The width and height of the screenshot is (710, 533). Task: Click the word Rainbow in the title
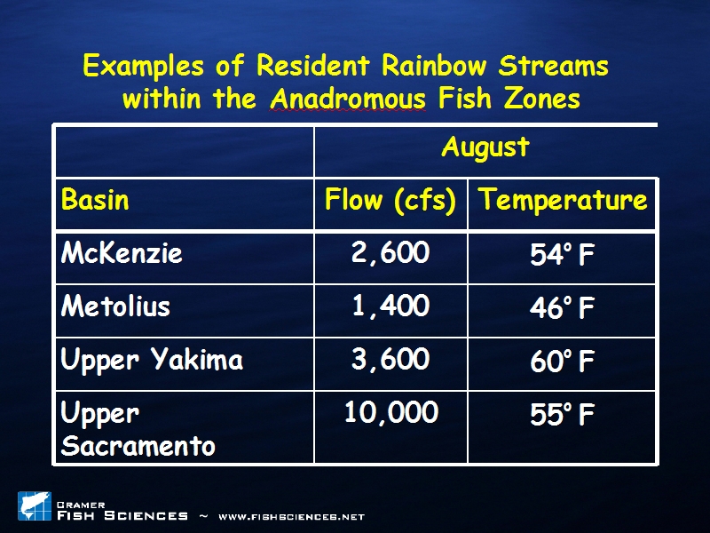(x=434, y=66)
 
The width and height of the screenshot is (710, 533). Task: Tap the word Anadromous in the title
(x=348, y=99)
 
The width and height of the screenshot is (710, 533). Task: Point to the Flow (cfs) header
(x=390, y=201)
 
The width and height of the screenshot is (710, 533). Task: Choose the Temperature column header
(x=563, y=201)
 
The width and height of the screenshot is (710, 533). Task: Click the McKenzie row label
(x=122, y=252)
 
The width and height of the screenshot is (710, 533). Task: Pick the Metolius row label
(x=115, y=306)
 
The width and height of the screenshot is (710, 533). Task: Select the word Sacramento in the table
(x=138, y=446)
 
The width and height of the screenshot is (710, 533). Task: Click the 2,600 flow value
(x=390, y=252)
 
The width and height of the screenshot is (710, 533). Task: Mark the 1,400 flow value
(x=390, y=306)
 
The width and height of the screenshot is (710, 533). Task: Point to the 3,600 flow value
(x=390, y=359)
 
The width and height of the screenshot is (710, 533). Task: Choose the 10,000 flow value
(x=391, y=412)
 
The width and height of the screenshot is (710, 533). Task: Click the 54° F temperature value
(x=562, y=255)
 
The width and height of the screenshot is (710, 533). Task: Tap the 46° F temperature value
(x=562, y=308)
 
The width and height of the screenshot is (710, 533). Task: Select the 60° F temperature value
(x=562, y=362)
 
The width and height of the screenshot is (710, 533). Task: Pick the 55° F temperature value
(x=562, y=414)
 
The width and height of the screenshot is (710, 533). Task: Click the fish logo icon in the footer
(x=35, y=505)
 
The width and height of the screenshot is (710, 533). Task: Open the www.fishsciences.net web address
(x=292, y=517)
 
